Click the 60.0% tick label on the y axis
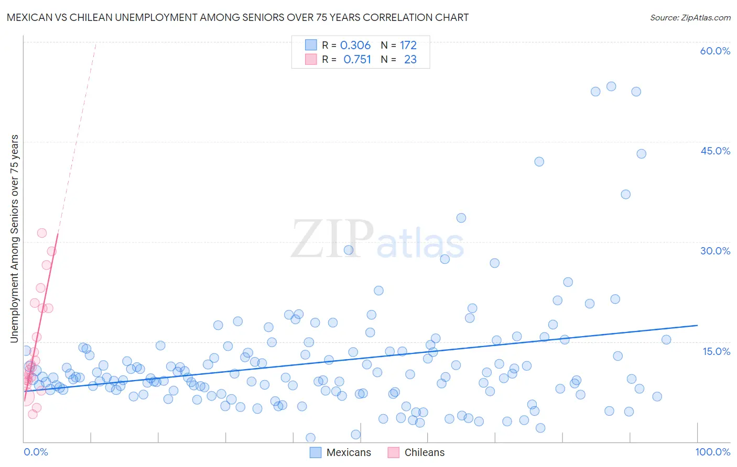[715, 51]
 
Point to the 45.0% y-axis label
[715, 151]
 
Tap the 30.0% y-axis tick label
[715, 251]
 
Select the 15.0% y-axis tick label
[716, 351]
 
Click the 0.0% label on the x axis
[36, 452]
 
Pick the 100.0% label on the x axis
[712, 452]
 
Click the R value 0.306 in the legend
[355, 46]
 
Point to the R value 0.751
[357, 60]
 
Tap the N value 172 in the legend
[408, 46]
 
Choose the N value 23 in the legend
[410, 60]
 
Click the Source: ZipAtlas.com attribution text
[690, 18]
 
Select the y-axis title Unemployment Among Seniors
[14, 239]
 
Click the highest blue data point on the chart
[611, 86]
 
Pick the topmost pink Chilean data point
[42, 233]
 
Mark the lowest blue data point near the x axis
[310, 438]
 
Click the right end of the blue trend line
[697, 325]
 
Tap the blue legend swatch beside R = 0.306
[311, 46]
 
